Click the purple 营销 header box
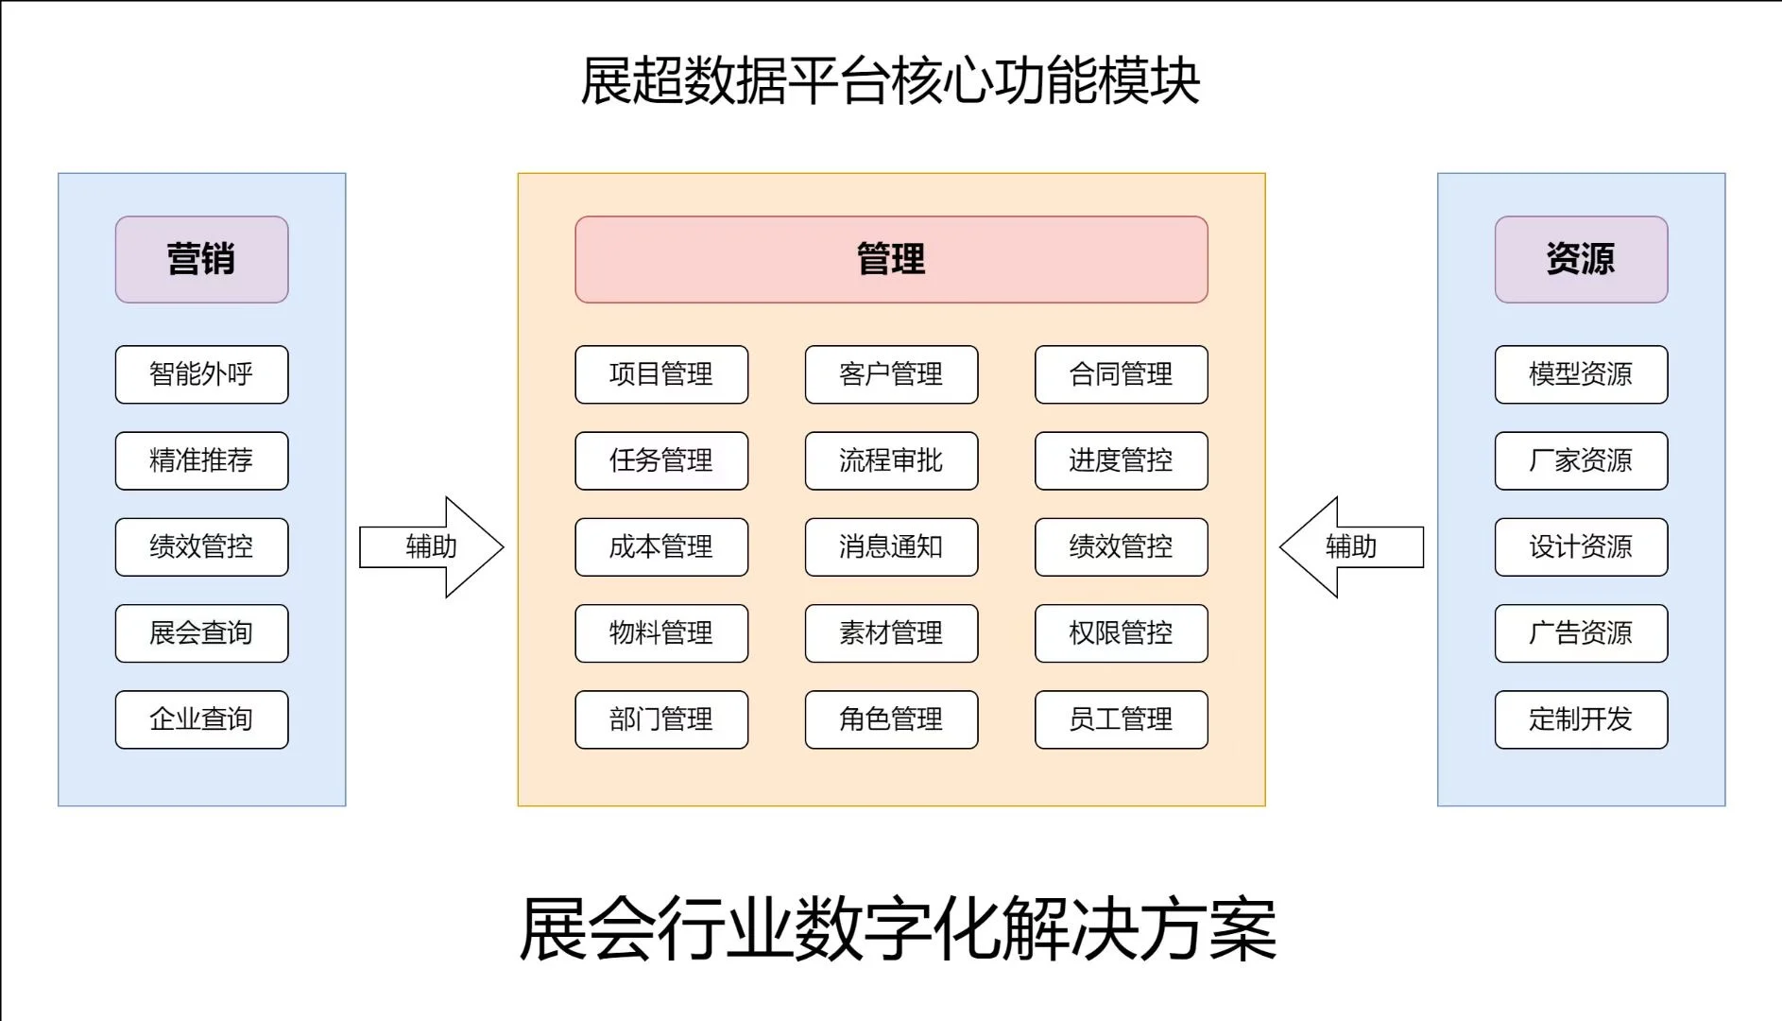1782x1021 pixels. [x=201, y=259]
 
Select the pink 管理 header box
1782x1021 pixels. [x=891, y=259]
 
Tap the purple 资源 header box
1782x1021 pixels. [x=1581, y=259]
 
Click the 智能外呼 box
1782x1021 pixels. [x=201, y=374]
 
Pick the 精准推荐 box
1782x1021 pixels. [x=201, y=460]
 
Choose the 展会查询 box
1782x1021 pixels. [x=201, y=632]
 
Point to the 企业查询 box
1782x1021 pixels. [x=201, y=719]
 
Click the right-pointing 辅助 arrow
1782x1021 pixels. [x=432, y=546]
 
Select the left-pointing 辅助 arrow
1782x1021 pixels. [x=1351, y=546]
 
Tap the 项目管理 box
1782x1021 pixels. [x=661, y=374]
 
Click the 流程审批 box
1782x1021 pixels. [x=891, y=460]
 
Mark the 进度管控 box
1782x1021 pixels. [x=1121, y=460]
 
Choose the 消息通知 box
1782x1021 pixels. [x=891, y=546]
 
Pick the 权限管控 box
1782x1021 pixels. [x=1121, y=632]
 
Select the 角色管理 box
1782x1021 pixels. [x=891, y=719]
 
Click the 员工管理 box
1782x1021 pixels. [x=1121, y=719]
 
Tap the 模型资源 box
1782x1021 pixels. [x=1581, y=374]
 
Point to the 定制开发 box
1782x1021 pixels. [x=1581, y=719]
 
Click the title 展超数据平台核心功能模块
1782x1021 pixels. [x=890, y=81]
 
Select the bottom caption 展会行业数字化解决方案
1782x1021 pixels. [x=898, y=929]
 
